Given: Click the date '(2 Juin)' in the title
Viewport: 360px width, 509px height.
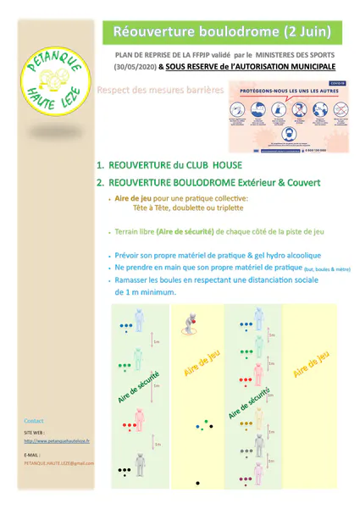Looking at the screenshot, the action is click(302, 32).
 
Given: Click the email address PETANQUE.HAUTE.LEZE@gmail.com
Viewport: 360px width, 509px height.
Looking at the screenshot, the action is click(59, 463).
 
